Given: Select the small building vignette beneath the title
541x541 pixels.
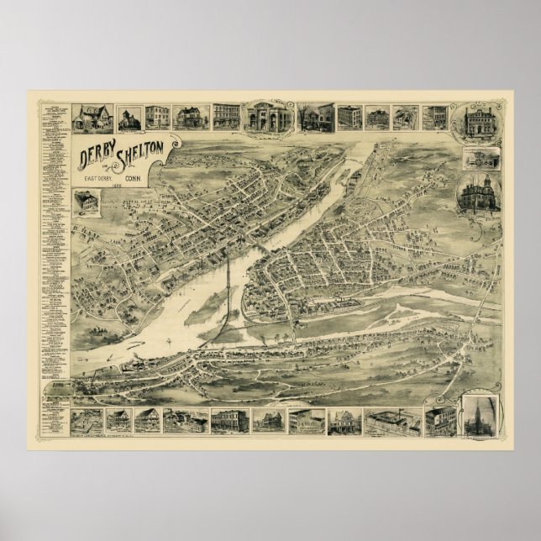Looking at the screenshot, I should (87, 202).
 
